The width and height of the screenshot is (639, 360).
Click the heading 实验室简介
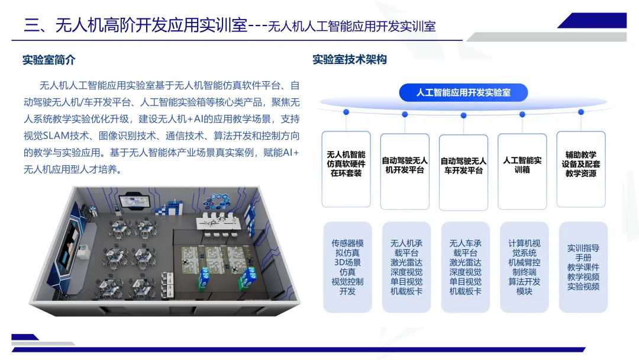coord(49,60)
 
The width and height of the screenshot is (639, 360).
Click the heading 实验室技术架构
coord(350,60)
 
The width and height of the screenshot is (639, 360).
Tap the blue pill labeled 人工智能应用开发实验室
coord(463,92)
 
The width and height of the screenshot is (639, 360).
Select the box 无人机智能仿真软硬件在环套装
coord(346,169)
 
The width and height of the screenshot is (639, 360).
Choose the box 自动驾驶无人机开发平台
coord(405,170)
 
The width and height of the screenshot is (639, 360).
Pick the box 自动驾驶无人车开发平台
coord(463,171)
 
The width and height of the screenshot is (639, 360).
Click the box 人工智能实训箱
coord(522,170)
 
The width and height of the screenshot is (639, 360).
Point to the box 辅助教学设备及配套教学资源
coord(580,169)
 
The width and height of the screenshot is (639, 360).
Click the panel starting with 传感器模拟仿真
coord(347,267)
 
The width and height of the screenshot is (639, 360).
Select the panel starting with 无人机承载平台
coord(406,267)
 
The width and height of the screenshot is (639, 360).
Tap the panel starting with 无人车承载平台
coord(465,267)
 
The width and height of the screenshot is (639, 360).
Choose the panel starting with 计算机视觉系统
coord(524,267)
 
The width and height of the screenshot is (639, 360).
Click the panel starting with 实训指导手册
coord(583,267)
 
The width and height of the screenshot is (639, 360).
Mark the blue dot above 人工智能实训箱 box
coord(522,114)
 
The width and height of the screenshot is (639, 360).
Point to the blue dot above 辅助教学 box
coord(580,112)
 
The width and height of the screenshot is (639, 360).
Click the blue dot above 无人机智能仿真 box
coord(346,112)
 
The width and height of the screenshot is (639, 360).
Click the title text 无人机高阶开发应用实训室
coord(150,25)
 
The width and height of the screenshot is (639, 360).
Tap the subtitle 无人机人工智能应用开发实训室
coord(351,27)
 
